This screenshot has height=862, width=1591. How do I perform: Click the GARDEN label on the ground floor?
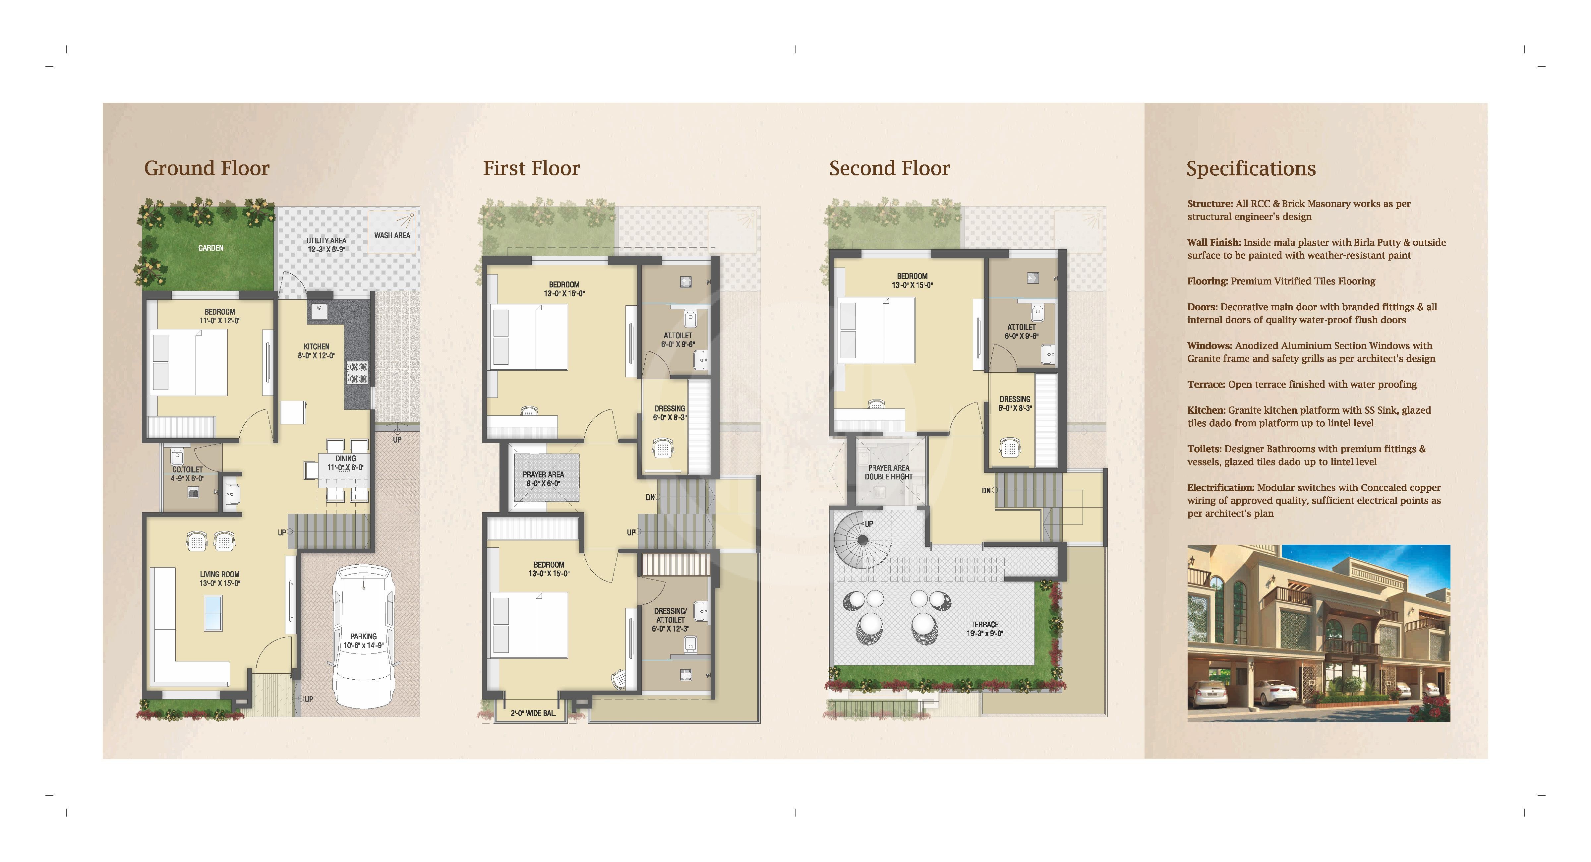[210, 248]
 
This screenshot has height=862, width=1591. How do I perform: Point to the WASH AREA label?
[391, 235]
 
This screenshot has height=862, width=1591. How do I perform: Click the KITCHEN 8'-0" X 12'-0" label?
[316, 351]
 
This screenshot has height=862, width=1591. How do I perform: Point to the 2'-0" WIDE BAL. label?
[533, 713]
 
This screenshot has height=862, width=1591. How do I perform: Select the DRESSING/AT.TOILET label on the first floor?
[670, 620]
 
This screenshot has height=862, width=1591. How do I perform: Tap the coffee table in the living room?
[213, 613]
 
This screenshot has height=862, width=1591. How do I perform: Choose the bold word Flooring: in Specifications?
[1207, 281]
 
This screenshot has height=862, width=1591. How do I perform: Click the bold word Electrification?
[1220, 488]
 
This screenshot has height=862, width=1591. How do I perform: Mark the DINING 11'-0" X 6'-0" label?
[345, 463]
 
